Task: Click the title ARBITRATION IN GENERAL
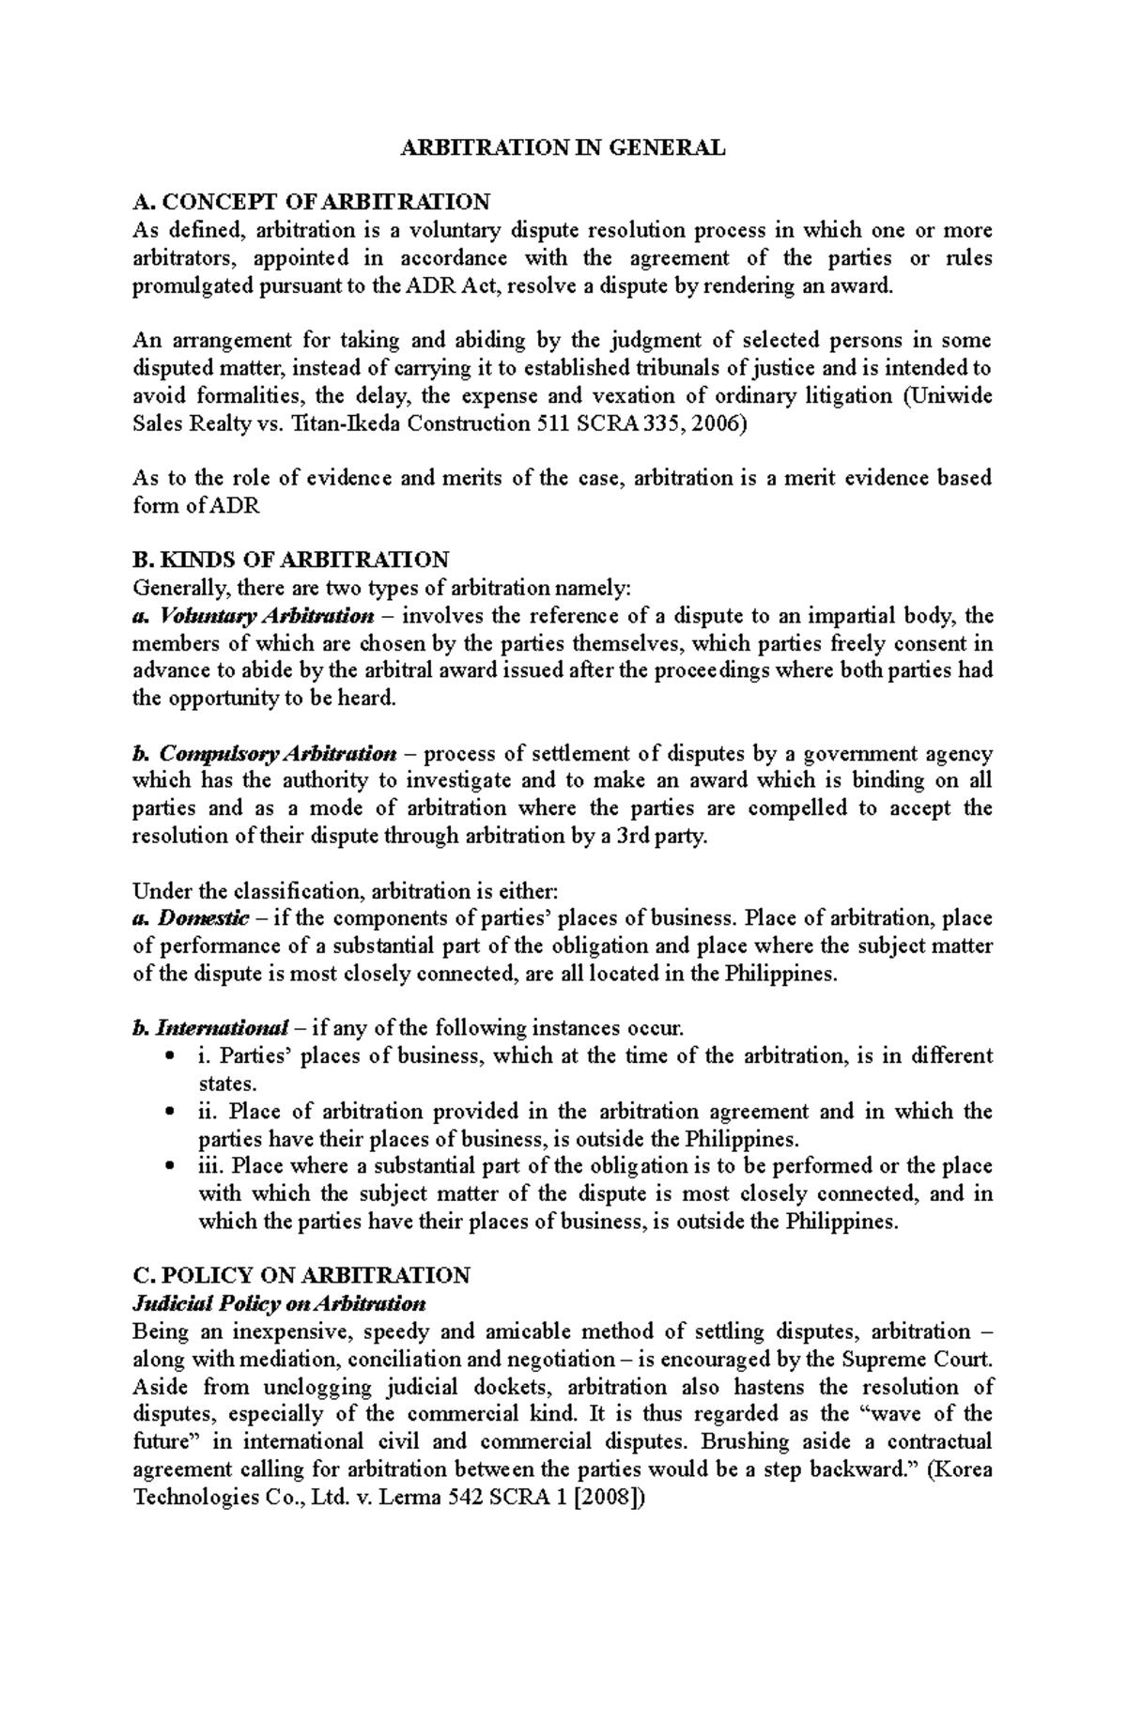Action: coord(563,148)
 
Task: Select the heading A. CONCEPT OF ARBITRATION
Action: coord(311,203)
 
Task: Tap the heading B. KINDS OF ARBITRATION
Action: coord(291,561)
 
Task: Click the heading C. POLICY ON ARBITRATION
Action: coord(301,1276)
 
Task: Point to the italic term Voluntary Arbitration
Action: coord(267,617)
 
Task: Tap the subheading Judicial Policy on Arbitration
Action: coord(279,1304)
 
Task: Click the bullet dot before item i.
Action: coord(168,1057)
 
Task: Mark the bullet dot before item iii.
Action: coord(168,1167)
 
